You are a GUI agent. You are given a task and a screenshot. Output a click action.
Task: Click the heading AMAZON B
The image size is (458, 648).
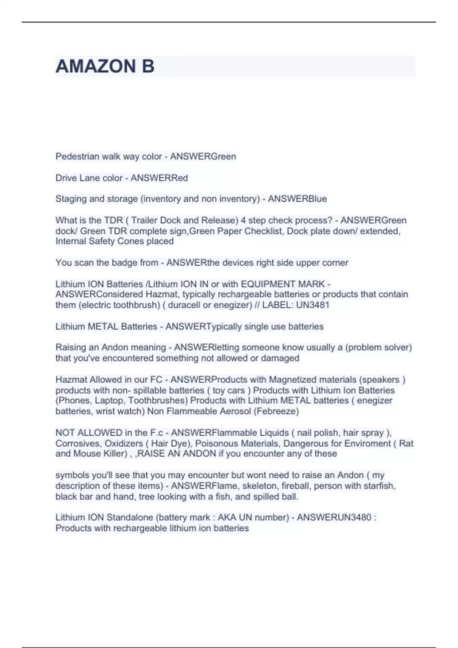click(x=105, y=66)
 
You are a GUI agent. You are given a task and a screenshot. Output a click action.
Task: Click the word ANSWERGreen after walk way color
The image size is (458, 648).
click(x=203, y=156)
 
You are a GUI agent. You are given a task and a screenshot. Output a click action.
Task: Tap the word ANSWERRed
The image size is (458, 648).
click(x=159, y=178)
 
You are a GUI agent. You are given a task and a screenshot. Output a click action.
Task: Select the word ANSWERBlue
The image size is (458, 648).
click(x=297, y=199)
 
